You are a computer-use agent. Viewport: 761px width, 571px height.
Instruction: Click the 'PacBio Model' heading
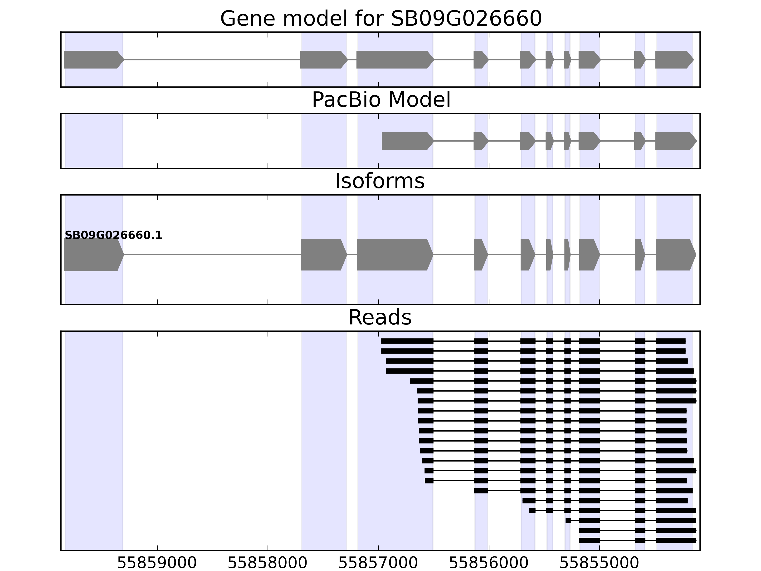[x=380, y=100]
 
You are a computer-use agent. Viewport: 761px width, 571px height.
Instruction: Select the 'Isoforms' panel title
[x=380, y=181]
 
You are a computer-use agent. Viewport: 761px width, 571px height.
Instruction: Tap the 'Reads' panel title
[x=380, y=317]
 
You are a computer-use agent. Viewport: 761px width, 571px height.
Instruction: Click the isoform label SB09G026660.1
[x=113, y=236]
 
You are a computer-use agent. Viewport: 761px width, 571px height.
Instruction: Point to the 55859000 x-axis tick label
[x=157, y=563]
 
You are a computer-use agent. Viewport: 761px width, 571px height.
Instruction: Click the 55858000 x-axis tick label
[x=267, y=563]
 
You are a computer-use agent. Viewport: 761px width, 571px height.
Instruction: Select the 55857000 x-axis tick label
[x=378, y=563]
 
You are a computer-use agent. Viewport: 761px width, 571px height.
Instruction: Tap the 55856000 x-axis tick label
[x=488, y=563]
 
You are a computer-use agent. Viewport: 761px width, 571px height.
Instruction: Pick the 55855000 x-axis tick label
[x=599, y=563]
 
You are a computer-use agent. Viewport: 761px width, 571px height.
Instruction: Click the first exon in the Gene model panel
[x=93, y=59]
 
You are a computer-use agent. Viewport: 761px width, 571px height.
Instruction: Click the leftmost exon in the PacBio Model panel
[x=407, y=141]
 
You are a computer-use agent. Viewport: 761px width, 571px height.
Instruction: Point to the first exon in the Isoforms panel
[x=93, y=255]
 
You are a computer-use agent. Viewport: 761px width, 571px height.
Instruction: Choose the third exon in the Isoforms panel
[x=394, y=255]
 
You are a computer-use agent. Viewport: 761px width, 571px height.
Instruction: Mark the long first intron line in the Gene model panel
[x=212, y=59]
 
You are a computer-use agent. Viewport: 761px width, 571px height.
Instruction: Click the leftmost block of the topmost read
[x=407, y=341]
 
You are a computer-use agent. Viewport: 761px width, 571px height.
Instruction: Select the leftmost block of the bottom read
[x=589, y=540]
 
